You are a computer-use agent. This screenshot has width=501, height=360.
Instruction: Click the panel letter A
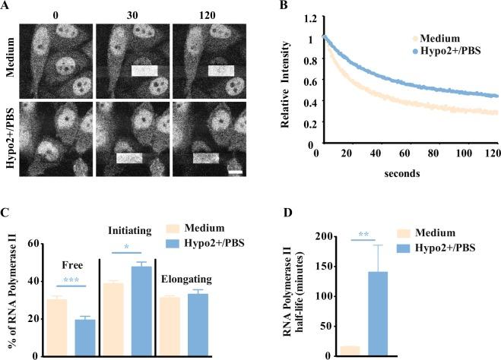pyautogui.click(x=6, y=7)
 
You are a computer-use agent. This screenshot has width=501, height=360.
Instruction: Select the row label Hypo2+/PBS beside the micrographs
pyautogui.click(x=10, y=141)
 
